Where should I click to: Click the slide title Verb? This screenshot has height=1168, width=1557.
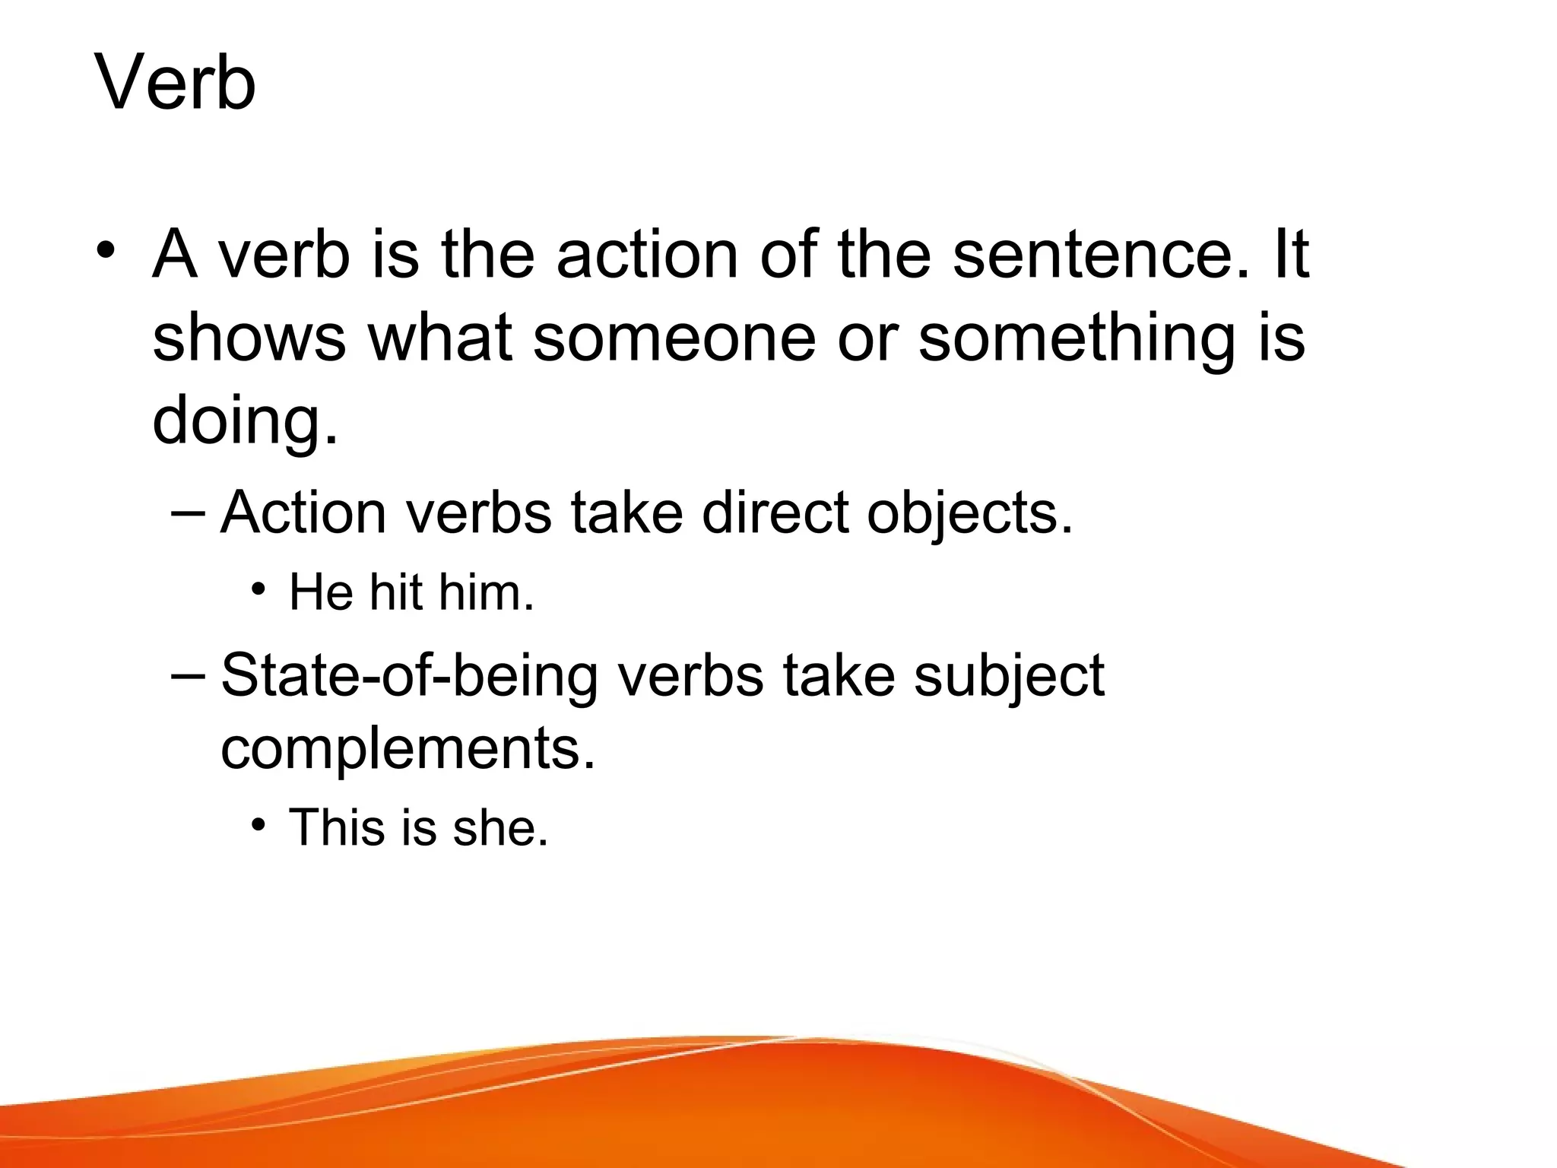click(x=175, y=82)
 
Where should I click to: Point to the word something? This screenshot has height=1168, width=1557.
click(x=1077, y=339)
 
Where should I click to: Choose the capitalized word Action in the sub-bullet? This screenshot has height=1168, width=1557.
click(x=303, y=513)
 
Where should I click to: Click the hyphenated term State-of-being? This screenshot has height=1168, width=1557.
click(x=409, y=676)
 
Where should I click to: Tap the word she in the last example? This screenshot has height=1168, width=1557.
click(x=499, y=827)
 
